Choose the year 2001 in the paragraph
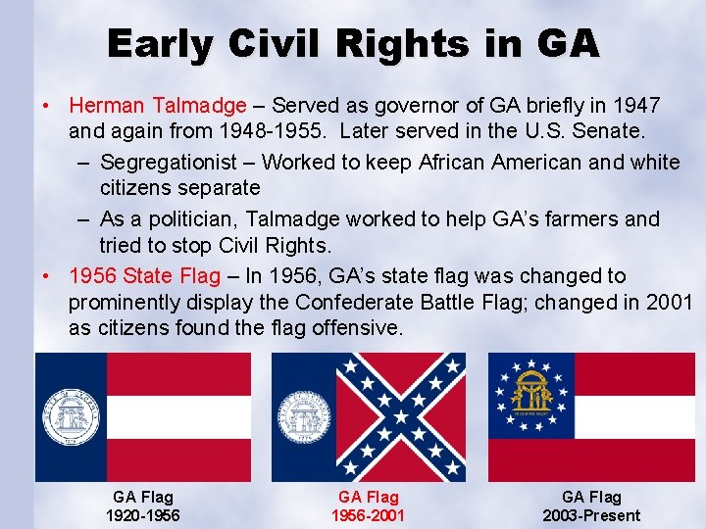pyautogui.click(x=665, y=303)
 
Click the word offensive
pyautogui.click(x=359, y=329)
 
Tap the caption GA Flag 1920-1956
pyautogui.click(x=143, y=506)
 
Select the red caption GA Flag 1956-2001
pyautogui.click(x=368, y=506)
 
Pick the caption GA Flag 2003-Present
pyautogui.click(x=591, y=506)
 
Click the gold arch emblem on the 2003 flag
pyautogui.click(x=531, y=393)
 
